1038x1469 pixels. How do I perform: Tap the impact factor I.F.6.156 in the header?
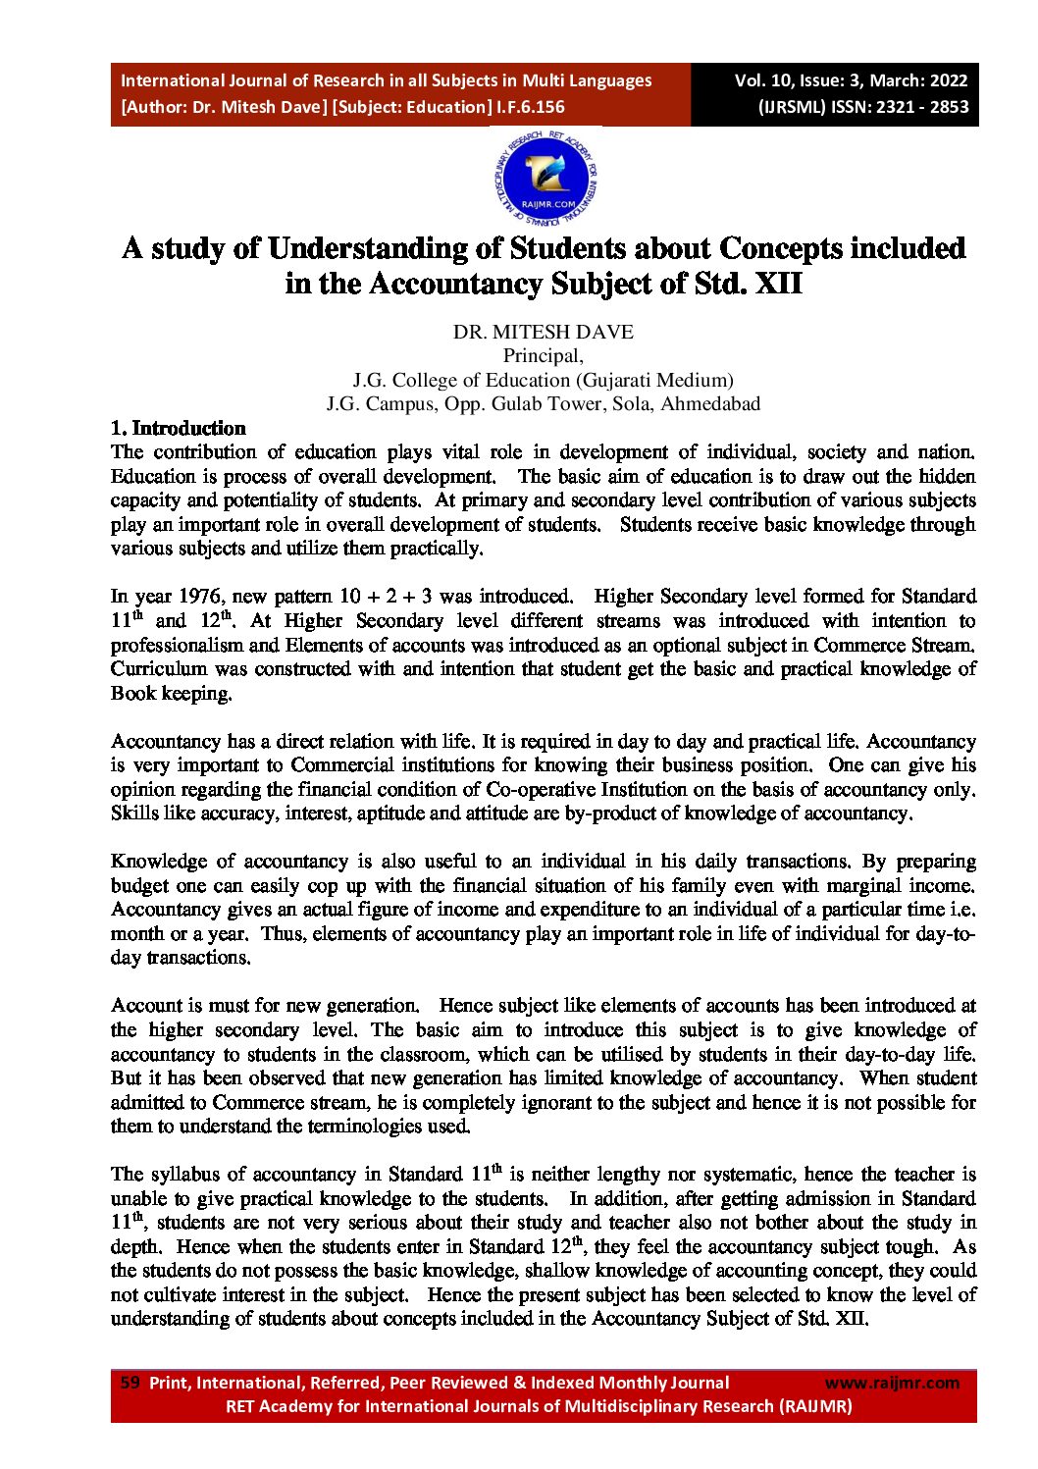tap(529, 107)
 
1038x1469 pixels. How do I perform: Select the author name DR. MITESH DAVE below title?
tap(543, 333)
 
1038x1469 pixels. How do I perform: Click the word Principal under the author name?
tap(543, 356)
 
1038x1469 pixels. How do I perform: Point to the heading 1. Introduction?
tap(179, 428)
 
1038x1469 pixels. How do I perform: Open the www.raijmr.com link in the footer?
tap(892, 1383)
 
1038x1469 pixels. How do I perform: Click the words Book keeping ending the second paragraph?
tap(171, 694)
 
